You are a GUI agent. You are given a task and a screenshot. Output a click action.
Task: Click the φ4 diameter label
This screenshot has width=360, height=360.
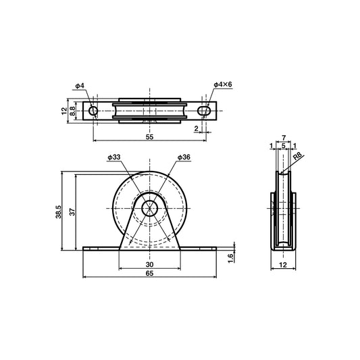pyautogui.click(x=80, y=86)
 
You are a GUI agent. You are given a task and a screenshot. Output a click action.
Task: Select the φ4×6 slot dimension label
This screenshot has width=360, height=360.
pyautogui.click(x=222, y=84)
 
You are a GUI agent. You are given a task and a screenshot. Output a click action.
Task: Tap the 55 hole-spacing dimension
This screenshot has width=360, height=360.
pyautogui.click(x=149, y=136)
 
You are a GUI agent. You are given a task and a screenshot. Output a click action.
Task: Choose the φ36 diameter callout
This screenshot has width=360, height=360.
pyautogui.click(x=184, y=157)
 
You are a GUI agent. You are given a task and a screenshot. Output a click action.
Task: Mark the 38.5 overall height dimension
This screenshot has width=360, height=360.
pyautogui.click(x=59, y=211)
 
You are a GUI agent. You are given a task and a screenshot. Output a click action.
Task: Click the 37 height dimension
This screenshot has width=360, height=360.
pyautogui.click(x=71, y=211)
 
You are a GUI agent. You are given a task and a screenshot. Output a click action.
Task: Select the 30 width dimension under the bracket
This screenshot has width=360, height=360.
pyautogui.click(x=149, y=265)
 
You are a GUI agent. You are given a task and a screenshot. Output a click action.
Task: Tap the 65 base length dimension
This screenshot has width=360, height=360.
pyautogui.click(x=149, y=274)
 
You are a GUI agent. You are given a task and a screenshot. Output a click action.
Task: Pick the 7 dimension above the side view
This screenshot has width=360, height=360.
pyautogui.click(x=284, y=138)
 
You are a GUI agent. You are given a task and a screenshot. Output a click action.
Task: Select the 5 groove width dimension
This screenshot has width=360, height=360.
pyautogui.click(x=284, y=146)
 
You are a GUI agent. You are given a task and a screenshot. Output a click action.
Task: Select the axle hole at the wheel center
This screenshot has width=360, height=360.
pyautogui.click(x=149, y=209)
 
